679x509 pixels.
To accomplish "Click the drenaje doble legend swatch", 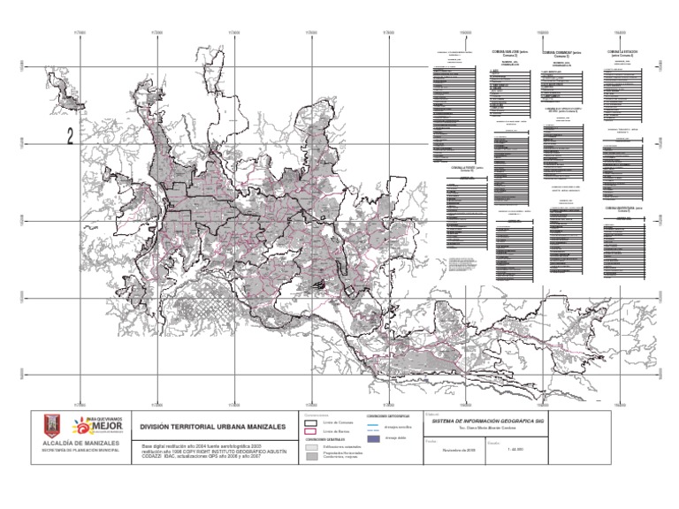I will [372, 437].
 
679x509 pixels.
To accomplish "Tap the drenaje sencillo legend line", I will [372, 425].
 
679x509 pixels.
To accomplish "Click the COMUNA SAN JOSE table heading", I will [509, 53].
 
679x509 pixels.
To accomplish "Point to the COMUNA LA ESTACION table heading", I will [624, 53].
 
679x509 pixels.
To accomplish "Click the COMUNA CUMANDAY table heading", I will [561, 53].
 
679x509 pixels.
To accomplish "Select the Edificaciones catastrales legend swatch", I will [311, 447].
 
